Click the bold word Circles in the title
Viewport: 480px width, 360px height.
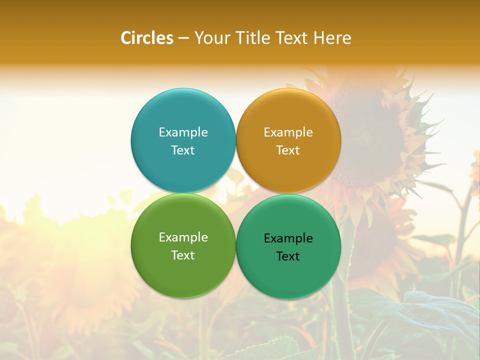pos(146,38)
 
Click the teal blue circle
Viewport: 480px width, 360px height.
pos(183,115)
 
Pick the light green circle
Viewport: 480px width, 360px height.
pos(183,270)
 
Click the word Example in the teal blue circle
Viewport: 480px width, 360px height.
pos(183,132)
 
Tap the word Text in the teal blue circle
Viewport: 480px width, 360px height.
pos(183,150)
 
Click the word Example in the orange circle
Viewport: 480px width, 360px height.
pos(288,132)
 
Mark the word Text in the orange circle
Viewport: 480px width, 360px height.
pos(288,150)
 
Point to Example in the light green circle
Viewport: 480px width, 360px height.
pos(183,237)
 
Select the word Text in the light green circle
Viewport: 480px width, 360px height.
pos(183,255)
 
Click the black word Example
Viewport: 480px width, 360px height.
pos(288,238)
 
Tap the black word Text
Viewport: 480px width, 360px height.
pos(288,256)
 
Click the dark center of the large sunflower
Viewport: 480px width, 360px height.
pos(370,135)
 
